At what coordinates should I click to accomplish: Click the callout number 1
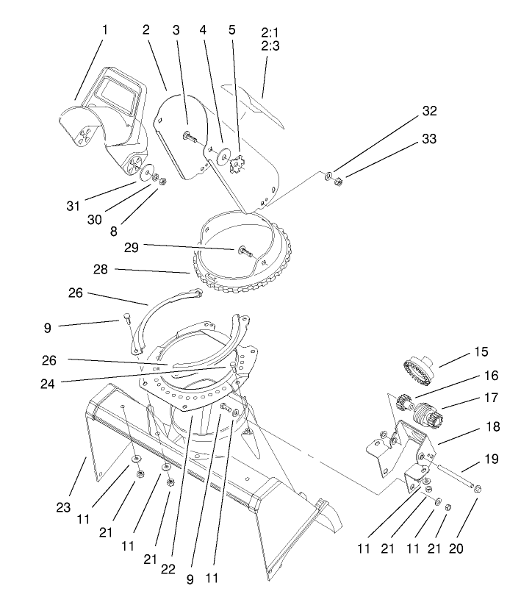[104, 30]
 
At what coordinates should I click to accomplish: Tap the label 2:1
[270, 33]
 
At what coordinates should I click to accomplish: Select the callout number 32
[428, 111]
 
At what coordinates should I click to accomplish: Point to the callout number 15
[481, 351]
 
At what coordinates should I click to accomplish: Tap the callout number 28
[101, 270]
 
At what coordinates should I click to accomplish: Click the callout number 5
[232, 30]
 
